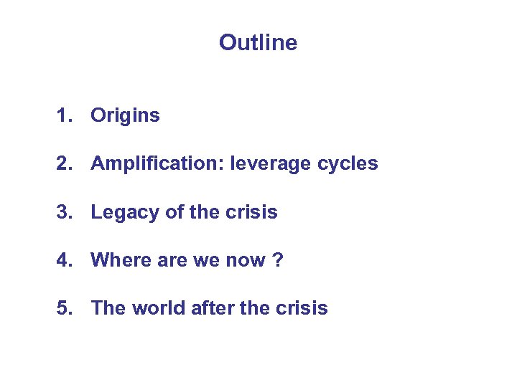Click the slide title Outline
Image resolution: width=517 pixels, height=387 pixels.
[258, 43]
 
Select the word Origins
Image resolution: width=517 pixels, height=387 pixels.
[125, 115]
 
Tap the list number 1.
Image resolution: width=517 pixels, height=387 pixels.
[63, 115]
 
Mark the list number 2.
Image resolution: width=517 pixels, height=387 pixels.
[63, 163]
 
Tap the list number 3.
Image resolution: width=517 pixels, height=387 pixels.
[63, 212]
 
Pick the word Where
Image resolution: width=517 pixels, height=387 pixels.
[118, 260]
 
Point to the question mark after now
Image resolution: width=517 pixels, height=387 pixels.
[278, 260]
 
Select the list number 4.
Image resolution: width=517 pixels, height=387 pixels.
[63, 260]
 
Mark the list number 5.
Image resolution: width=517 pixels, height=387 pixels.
[63, 308]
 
